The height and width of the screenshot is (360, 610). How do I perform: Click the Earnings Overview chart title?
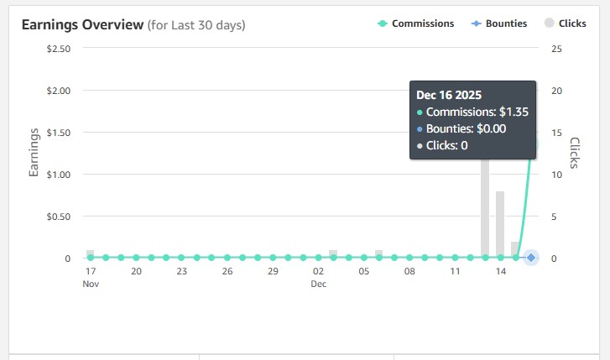click(x=82, y=24)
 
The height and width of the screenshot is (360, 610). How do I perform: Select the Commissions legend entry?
click(x=423, y=23)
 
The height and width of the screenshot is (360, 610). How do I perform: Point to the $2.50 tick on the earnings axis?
click(x=58, y=49)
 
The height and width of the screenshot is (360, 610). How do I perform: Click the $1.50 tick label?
click(x=58, y=133)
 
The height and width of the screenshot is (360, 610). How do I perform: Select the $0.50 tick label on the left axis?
click(x=58, y=217)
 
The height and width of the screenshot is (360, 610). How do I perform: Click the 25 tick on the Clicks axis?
click(x=555, y=49)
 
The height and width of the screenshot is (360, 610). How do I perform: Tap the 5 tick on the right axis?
click(x=553, y=217)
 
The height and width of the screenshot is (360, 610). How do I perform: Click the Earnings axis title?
click(x=35, y=153)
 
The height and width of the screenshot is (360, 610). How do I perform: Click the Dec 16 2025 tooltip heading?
click(x=449, y=95)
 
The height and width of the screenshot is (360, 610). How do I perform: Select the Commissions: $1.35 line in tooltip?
click(x=477, y=112)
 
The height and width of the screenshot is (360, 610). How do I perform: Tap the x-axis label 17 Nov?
click(x=91, y=277)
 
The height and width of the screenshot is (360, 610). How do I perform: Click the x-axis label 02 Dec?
click(x=318, y=277)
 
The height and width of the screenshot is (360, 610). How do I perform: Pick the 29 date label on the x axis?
click(x=273, y=272)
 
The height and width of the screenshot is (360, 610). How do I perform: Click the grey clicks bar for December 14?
click(x=500, y=224)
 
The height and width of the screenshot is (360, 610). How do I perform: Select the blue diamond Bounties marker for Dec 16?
click(x=531, y=258)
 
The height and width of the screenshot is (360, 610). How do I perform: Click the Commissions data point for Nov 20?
click(x=136, y=258)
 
